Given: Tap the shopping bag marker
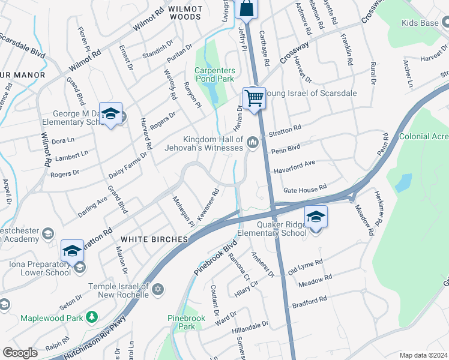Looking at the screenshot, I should click(247, 8).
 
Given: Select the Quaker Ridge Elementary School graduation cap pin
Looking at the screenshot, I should click(316, 217).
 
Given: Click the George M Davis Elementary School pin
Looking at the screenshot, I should click(110, 113).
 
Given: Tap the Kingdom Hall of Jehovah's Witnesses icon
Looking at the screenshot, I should click(253, 142).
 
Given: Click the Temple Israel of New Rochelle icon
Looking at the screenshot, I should click(157, 290).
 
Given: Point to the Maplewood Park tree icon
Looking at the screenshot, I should click(92, 316).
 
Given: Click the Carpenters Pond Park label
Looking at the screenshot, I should click(214, 74).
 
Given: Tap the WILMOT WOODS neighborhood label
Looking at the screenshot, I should click(185, 13).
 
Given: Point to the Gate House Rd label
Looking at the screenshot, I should click(304, 188).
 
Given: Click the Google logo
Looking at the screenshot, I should click(20, 353).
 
